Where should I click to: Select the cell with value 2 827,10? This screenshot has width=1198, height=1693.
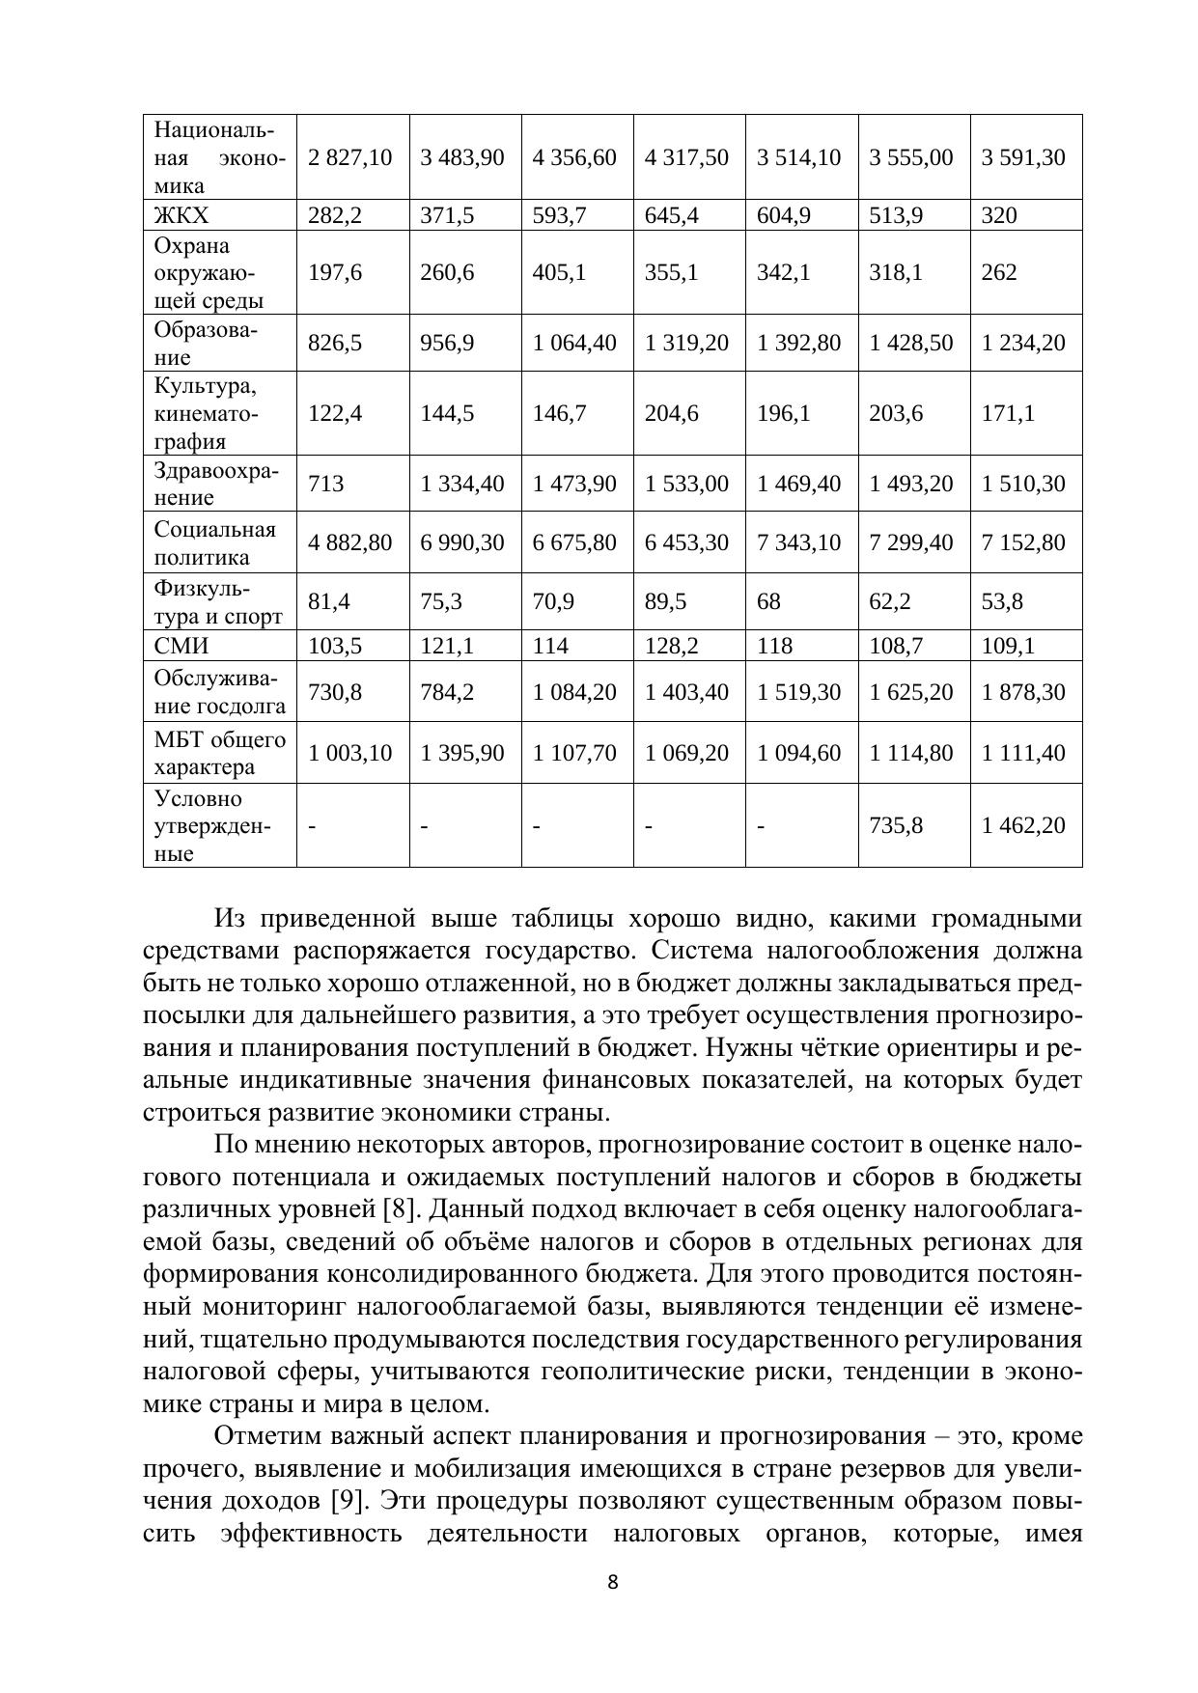[349, 157]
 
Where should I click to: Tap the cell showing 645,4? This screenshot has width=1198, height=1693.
[671, 215]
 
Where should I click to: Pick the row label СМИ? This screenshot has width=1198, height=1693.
[181, 646]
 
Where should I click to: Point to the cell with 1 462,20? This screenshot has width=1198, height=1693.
[1023, 825]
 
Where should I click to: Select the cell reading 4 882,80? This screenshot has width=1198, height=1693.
[349, 542]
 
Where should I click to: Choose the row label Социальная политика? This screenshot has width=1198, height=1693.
[214, 542]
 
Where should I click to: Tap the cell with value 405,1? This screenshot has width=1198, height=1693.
[559, 272]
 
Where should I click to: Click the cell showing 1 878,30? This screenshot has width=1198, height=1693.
[1023, 692]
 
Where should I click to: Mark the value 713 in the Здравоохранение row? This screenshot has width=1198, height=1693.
[325, 484]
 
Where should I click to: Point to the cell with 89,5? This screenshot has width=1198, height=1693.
[665, 602]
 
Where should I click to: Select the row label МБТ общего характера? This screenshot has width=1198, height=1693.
[219, 753]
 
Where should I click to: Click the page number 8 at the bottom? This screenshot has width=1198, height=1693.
[612, 1582]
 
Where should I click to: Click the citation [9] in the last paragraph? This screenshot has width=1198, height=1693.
[347, 1501]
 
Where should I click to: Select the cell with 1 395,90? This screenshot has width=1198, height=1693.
[461, 753]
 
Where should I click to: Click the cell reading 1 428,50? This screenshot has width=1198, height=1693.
[910, 343]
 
